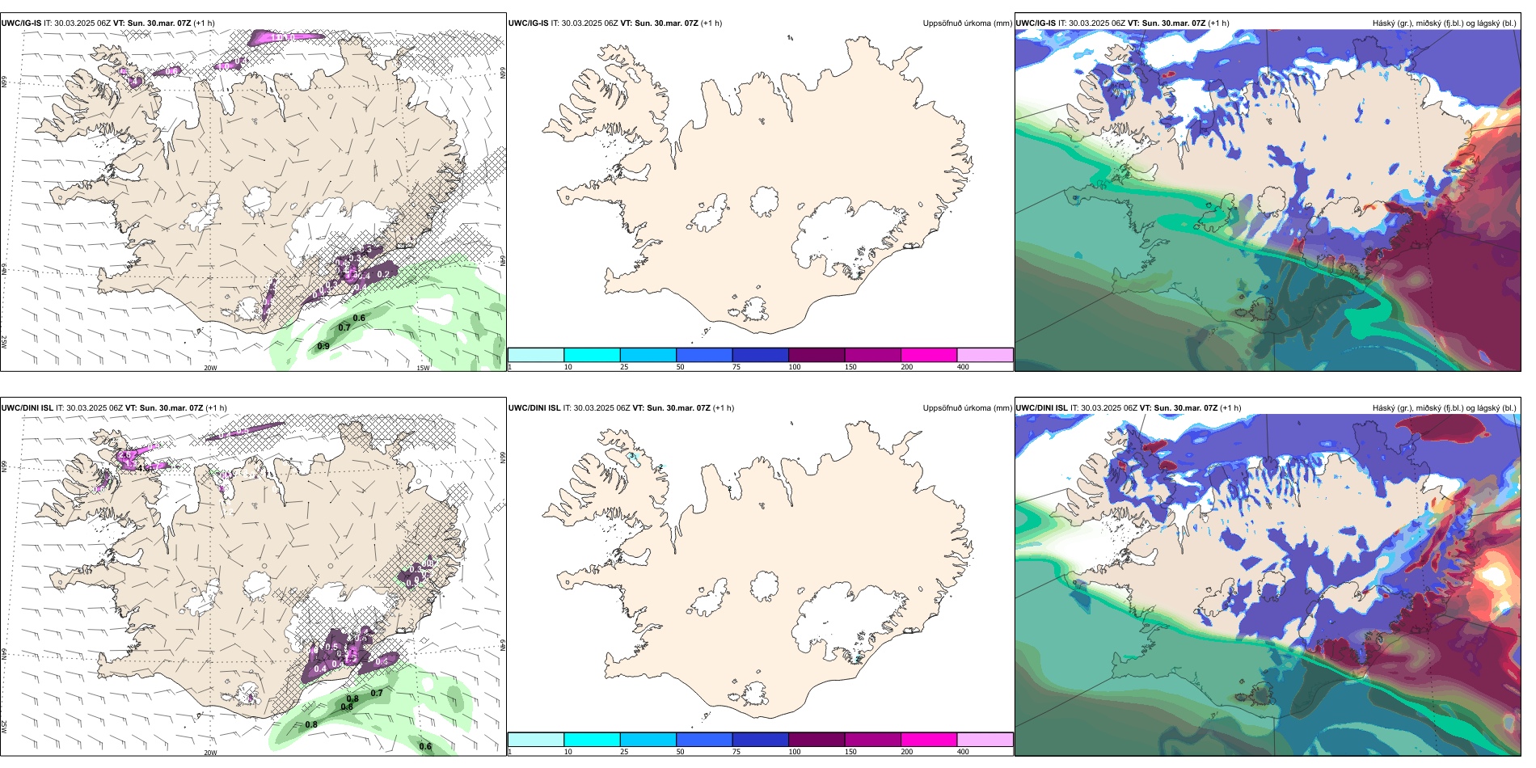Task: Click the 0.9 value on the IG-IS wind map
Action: point(323,347)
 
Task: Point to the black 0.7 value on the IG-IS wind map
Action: point(344,328)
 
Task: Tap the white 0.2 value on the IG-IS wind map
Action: point(383,275)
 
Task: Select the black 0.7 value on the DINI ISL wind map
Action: point(377,694)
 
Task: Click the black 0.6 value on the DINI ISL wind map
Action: point(425,747)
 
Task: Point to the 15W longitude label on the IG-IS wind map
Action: point(422,369)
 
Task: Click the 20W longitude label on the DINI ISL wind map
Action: point(210,753)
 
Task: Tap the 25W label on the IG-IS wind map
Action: point(4,342)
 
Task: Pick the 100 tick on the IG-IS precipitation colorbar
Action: point(795,367)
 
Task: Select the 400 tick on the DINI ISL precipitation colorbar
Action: point(963,752)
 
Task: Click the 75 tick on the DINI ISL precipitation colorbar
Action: point(736,752)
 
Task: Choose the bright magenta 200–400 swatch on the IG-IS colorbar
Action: point(929,355)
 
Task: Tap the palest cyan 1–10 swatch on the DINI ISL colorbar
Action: point(536,740)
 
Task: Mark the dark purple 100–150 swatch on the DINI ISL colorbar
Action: point(817,740)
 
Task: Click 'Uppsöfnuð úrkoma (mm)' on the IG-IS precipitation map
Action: point(967,23)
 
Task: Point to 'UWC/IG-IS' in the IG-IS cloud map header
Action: point(1036,23)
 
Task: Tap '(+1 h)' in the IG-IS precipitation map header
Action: point(711,23)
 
